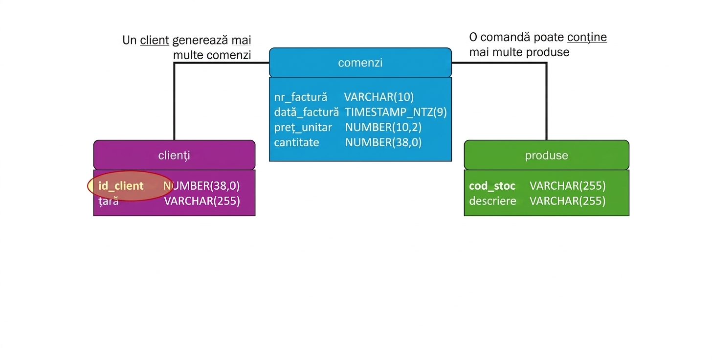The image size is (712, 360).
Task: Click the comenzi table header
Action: coord(360,63)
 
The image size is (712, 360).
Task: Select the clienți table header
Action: coord(174,155)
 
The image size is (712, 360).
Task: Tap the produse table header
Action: coord(546,155)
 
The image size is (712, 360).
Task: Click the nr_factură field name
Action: coord(300,97)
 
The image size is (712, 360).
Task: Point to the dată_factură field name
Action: coord(307,112)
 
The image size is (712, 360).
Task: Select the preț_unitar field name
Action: coord(303,128)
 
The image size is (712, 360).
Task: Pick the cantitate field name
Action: coord(296,142)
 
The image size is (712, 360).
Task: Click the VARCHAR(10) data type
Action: coord(379,97)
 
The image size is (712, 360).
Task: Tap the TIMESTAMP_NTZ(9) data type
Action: coord(396,112)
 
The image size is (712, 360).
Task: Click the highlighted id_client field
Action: coord(121,186)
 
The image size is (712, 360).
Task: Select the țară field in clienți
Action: coord(109,202)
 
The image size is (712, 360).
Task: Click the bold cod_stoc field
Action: coord(492,186)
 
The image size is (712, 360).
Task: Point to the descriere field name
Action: coord(493,201)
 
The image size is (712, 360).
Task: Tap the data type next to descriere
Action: coord(568,201)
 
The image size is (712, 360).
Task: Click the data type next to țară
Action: coord(202,201)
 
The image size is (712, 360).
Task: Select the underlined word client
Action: coord(155,41)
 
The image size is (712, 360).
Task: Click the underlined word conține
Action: coord(587,38)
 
